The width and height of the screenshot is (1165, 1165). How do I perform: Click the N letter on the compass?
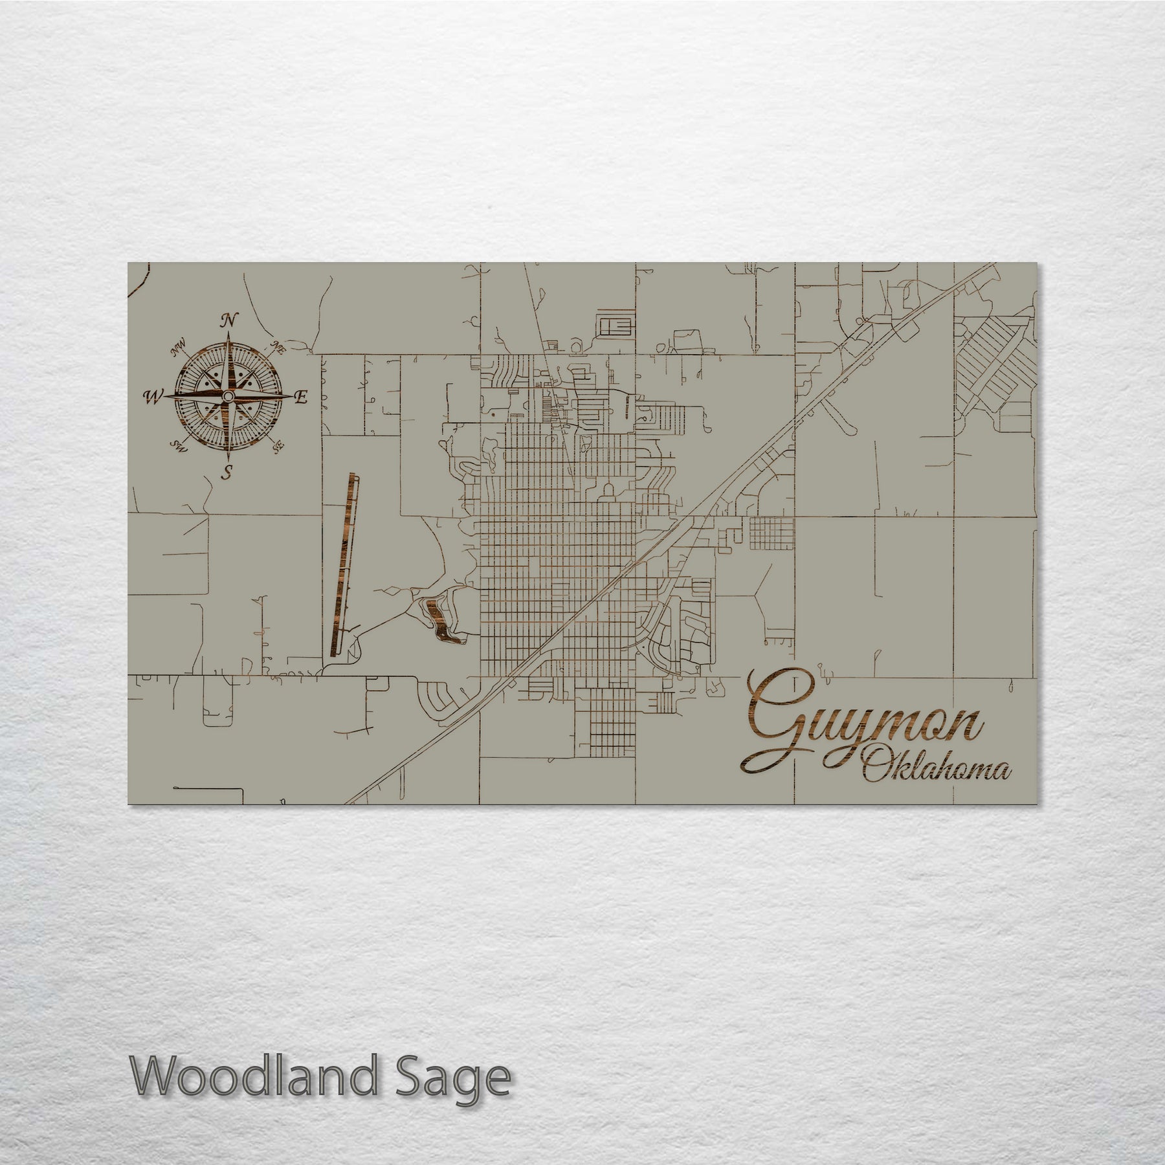pos(228,320)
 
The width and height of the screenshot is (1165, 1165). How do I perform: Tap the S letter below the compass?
pos(227,472)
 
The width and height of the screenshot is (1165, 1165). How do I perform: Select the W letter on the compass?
pos(153,397)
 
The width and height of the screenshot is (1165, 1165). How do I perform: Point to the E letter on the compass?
pos(300,397)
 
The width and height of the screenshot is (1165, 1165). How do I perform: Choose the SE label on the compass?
pos(279,445)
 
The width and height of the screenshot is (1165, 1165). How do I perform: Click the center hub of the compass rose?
pos(228,396)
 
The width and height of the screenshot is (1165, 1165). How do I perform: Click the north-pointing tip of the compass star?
pos(228,331)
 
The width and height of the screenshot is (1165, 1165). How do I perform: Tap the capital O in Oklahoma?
pos(875,770)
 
